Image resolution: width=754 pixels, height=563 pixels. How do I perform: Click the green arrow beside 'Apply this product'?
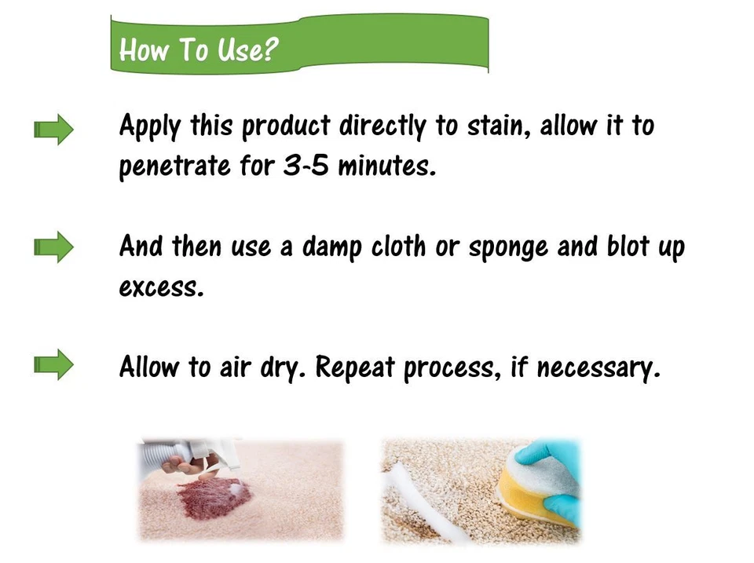[x=53, y=129]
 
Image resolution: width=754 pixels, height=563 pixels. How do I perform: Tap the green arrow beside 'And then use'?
[x=53, y=248]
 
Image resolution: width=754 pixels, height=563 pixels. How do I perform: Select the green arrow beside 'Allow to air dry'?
[x=53, y=365]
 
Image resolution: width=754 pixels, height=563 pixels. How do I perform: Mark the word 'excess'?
[x=161, y=287]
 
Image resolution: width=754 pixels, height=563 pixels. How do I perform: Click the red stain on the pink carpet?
[x=213, y=499]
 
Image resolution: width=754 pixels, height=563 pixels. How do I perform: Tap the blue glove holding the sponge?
[x=553, y=463]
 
